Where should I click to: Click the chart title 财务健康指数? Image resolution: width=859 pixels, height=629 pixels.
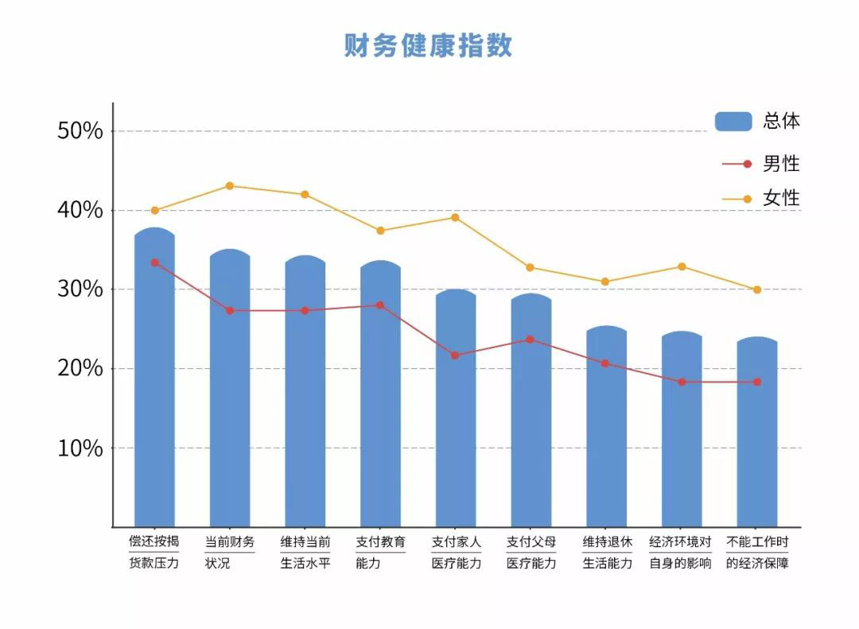(428, 45)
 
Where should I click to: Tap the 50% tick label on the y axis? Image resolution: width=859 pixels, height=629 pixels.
(80, 131)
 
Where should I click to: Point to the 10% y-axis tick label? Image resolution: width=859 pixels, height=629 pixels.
(80, 448)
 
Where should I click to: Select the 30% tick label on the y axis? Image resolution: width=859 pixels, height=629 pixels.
(80, 289)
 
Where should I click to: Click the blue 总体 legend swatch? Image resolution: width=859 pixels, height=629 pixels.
(733, 121)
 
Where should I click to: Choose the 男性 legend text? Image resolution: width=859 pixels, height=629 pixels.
(781, 164)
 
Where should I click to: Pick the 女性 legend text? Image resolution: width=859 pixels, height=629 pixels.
(781, 199)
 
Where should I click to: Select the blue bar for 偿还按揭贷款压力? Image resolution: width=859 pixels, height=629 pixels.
(154, 382)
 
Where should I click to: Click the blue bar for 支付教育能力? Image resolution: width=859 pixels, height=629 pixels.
(380, 398)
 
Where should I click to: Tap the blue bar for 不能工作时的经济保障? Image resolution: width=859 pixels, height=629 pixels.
(756, 433)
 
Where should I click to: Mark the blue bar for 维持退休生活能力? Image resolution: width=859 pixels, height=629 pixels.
(606, 429)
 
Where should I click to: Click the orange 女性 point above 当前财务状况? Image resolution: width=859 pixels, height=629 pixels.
(230, 186)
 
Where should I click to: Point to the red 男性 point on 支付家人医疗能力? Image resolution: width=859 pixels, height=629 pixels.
(455, 355)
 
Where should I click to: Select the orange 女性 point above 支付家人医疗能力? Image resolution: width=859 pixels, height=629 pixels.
(455, 217)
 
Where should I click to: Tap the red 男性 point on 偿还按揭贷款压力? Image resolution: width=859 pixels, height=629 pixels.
(154, 262)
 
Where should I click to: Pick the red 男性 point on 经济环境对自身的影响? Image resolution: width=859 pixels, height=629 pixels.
(682, 382)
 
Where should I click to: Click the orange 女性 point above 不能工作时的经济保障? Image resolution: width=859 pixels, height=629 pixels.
(756, 289)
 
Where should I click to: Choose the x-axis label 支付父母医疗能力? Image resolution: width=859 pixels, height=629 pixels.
(531, 553)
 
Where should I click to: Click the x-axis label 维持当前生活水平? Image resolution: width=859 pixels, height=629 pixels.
(305, 553)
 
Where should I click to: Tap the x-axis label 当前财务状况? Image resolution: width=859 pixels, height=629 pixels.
(230, 553)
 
